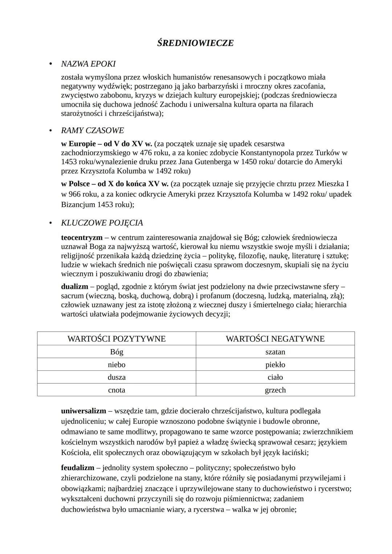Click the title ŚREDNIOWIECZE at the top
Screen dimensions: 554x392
[x=195, y=43]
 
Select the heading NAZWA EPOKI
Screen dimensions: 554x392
[x=88, y=64]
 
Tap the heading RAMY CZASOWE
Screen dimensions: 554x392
[x=92, y=130]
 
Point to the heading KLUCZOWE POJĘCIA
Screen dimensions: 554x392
[x=102, y=223]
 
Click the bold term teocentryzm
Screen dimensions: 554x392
[x=82, y=238]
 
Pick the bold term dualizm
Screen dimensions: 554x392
[x=74, y=287]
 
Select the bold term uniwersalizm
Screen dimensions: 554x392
[x=83, y=411]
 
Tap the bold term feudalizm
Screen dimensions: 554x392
[x=77, y=468]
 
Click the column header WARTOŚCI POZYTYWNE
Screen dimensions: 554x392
[x=117, y=339]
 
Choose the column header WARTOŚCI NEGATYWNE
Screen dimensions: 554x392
[x=275, y=339]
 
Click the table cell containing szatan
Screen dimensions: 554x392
[x=275, y=352]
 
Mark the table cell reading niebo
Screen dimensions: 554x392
[x=117, y=365]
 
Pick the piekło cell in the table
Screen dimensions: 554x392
[x=275, y=365]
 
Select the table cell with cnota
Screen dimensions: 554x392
[x=117, y=390]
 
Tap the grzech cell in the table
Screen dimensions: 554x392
[x=275, y=390]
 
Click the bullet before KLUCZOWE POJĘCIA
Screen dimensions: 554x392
[x=51, y=223]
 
